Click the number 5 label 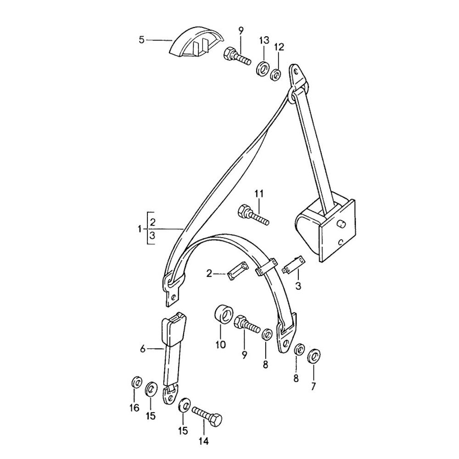[x=142, y=40]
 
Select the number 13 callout [x=264, y=39]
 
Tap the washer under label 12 [x=275, y=75]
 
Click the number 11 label [x=259, y=194]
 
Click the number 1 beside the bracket [x=140, y=229]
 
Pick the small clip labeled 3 [x=294, y=265]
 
